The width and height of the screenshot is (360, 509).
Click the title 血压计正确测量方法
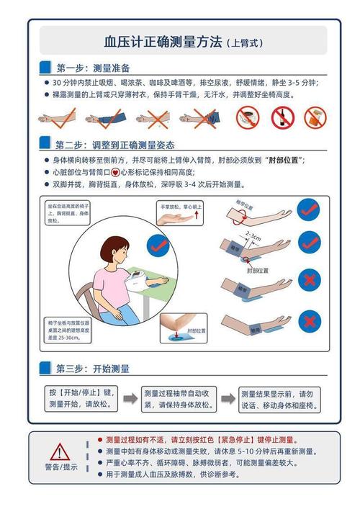tap(163, 42)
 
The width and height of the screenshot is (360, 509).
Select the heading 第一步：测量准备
tap(93, 68)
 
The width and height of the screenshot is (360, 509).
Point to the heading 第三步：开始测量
tap(93, 369)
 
